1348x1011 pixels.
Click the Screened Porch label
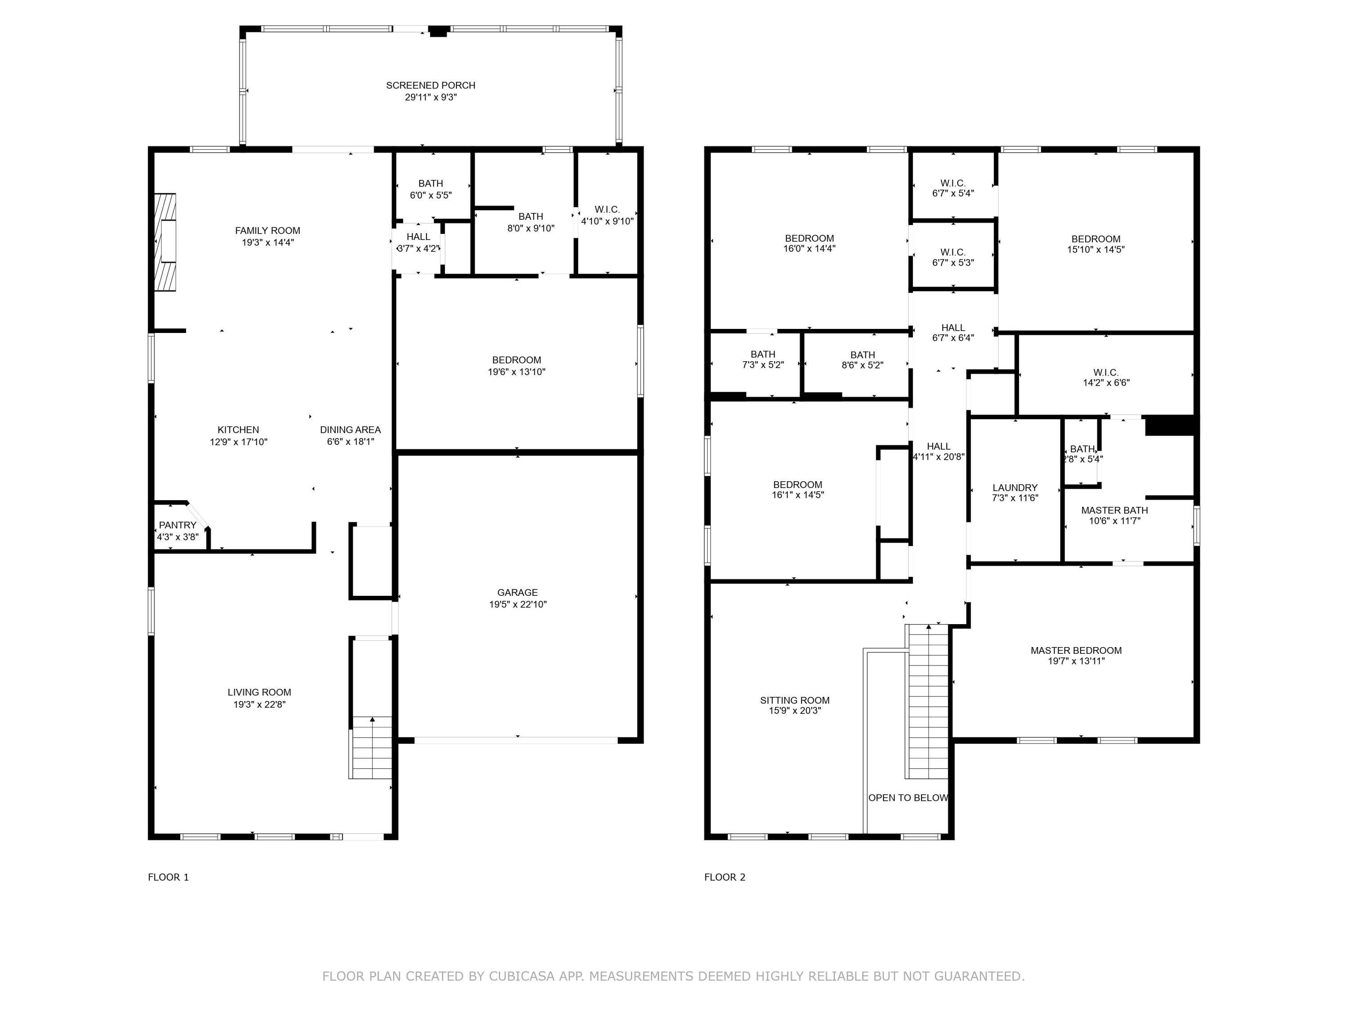[x=430, y=85]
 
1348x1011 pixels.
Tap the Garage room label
[x=517, y=592]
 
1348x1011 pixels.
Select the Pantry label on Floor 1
[x=177, y=525]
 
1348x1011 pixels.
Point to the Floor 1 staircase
[x=371, y=747]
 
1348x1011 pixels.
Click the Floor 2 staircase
[x=927, y=701]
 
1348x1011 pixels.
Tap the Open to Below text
[x=908, y=798]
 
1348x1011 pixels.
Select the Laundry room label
[x=1015, y=488]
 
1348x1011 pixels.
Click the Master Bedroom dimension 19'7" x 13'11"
[x=1076, y=661]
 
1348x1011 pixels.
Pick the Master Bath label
[x=1115, y=510]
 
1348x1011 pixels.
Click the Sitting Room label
[x=795, y=700]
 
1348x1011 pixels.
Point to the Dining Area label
[x=350, y=430]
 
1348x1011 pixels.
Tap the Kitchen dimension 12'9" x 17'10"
[x=238, y=442]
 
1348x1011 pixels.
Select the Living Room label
[x=259, y=692]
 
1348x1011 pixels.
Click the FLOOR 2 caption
[x=725, y=877]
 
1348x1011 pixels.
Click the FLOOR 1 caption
[x=168, y=877]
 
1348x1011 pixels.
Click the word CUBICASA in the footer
[x=522, y=976]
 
